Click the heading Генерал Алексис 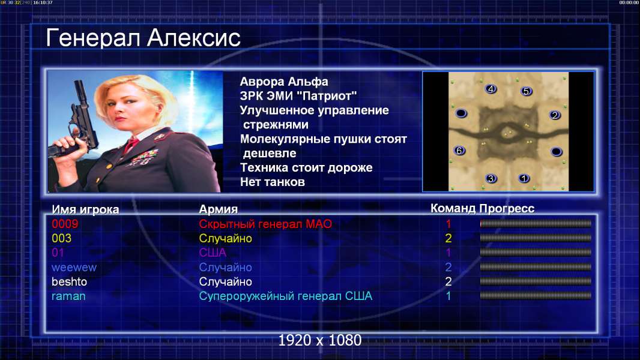point(143,38)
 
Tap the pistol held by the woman point(77,122)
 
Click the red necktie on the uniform point(131,145)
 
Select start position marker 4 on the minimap point(491,89)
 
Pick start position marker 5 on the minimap point(526,91)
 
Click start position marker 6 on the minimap point(459,151)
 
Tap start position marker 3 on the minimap point(491,178)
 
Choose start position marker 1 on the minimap point(524,178)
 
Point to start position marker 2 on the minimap point(555,115)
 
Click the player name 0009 point(65,224)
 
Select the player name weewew point(74,268)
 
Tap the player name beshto point(70,282)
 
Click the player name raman point(68,296)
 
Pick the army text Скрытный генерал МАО point(265,224)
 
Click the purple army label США point(213,253)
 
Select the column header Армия point(218,209)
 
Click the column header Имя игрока point(85,209)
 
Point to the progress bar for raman point(536,296)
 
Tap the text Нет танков point(273,182)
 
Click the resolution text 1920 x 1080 point(320,340)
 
